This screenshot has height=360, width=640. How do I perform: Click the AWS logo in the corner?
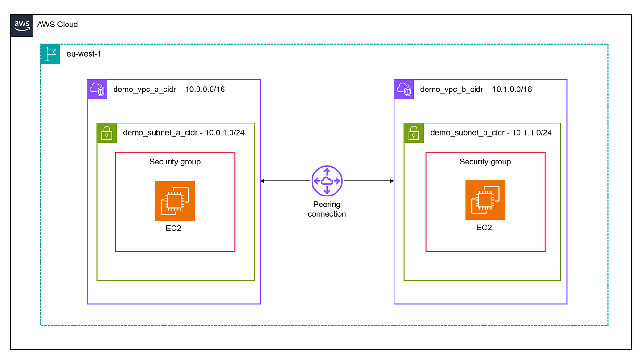(22, 25)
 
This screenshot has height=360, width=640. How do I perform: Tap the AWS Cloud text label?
(57, 25)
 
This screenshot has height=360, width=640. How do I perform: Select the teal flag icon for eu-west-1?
(50, 54)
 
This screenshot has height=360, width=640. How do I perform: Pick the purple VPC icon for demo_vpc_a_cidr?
(97, 89)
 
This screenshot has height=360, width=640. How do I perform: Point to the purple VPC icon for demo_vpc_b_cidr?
(404, 89)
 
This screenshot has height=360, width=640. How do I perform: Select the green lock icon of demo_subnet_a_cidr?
(107, 133)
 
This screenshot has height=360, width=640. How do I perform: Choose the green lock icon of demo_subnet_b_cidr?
(414, 133)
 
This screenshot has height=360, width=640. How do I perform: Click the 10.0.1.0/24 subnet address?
(224, 133)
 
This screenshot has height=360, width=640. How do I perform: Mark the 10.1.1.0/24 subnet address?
(532, 133)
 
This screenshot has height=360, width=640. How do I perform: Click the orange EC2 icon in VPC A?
(174, 201)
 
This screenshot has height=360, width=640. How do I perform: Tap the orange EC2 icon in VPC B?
(485, 200)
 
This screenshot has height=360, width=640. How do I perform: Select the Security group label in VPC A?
(175, 162)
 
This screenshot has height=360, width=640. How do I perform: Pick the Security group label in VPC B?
(485, 162)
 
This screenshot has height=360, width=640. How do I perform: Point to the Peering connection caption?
(327, 209)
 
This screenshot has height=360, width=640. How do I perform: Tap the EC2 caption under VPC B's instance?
(484, 228)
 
